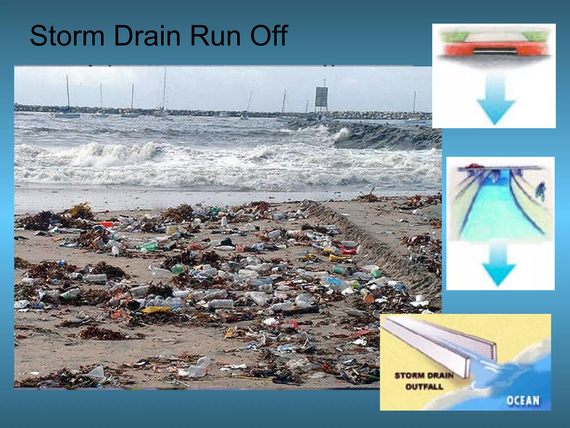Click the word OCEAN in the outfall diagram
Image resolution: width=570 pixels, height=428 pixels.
pyautogui.click(x=523, y=400)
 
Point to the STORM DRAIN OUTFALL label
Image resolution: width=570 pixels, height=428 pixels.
pyautogui.click(x=424, y=381)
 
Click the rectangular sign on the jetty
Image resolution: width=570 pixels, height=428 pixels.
pyautogui.click(x=321, y=96)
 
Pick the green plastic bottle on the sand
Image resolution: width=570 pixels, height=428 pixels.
pyautogui.click(x=148, y=246)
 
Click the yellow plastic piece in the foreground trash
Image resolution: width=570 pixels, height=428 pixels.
pyautogui.click(x=156, y=310)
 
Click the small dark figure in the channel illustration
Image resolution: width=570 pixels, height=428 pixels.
pyautogui.click(x=540, y=191)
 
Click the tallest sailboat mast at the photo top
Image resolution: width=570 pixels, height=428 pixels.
pyautogui.click(x=164, y=89)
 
